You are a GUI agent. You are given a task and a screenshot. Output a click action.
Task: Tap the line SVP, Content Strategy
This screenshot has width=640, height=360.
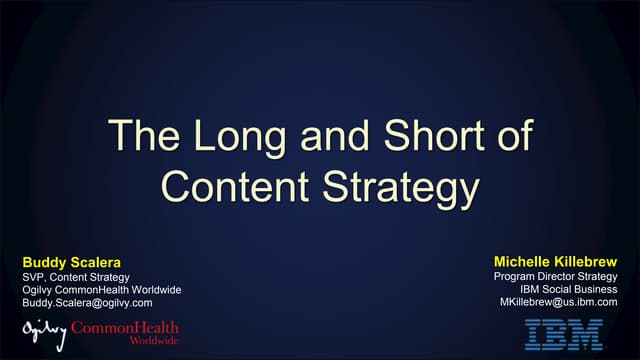click(75, 276)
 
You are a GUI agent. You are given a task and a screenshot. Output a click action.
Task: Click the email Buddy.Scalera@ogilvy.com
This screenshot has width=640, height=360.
click(87, 302)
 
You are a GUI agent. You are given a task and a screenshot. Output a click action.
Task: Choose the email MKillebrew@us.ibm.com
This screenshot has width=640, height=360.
click(559, 302)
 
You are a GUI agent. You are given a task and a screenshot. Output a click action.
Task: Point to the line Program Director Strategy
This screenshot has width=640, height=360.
click(556, 276)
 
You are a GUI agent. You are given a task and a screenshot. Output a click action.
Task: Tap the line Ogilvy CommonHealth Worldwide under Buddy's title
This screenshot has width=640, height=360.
click(101, 289)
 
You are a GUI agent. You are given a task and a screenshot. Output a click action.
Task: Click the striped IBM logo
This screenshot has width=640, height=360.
click(565, 333)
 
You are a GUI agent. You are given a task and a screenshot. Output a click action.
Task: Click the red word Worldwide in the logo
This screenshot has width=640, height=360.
click(156, 340)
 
